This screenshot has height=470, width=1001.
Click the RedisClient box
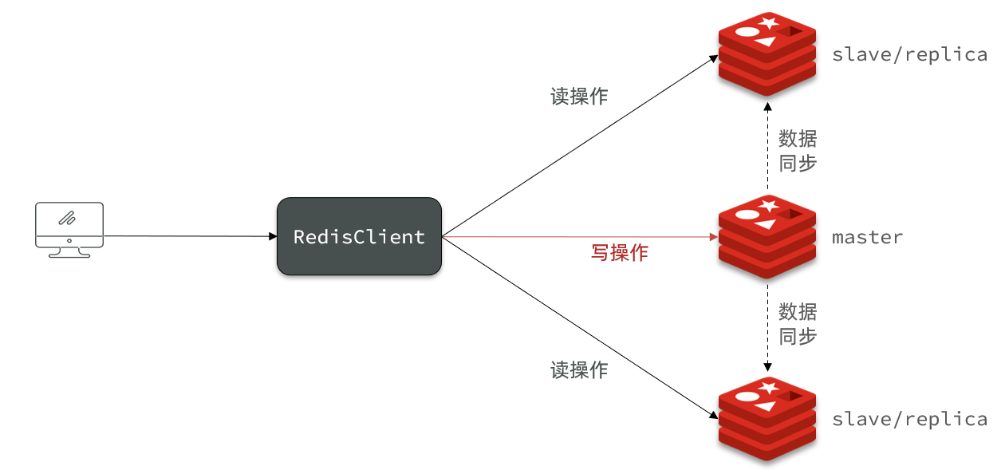click(359, 236)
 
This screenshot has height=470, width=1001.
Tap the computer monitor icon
click(69, 230)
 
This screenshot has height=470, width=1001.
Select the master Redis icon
click(767, 236)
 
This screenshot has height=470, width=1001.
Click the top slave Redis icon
click(767, 54)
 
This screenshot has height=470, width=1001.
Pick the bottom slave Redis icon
click(767, 419)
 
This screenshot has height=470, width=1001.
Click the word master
click(867, 238)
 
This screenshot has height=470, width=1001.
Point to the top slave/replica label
click(909, 54)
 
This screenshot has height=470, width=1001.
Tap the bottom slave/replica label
click(909, 419)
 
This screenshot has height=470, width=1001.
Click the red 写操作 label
click(620, 253)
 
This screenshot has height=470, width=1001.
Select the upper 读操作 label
click(579, 96)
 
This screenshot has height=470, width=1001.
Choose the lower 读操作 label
click(579, 370)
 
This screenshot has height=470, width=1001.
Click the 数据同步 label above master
click(798, 151)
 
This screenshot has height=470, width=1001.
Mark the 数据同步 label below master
click(798, 324)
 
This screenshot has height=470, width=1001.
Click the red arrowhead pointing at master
click(714, 237)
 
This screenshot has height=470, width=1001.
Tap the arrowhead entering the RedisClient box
click(273, 236)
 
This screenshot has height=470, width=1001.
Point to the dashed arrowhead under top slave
click(768, 107)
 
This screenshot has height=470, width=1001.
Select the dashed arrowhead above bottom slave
click(768, 367)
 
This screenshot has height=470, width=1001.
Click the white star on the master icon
click(769, 206)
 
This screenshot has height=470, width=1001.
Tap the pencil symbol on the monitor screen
click(68, 218)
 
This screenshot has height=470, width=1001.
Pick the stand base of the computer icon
click(69, 255)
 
